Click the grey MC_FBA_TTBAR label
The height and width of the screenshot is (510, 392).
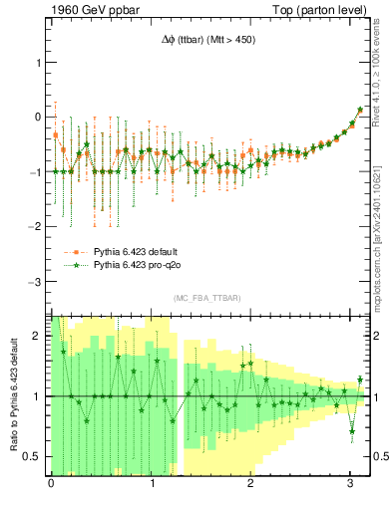(x=206, y=299)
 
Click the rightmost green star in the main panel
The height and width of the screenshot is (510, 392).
(x=360, y=110)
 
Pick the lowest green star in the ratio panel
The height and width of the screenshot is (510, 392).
(x=352, y=430)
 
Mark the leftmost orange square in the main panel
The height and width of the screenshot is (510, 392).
(x=56, y=133)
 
